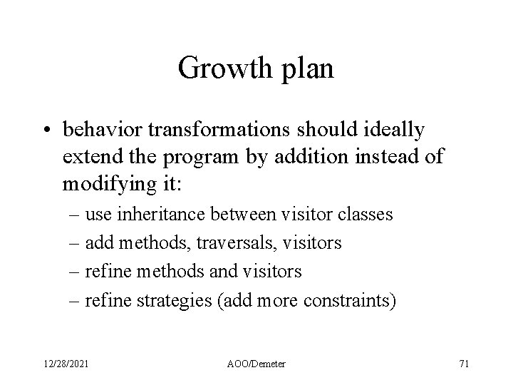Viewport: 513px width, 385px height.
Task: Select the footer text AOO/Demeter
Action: pyautogui.click(x=256, y=364)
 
